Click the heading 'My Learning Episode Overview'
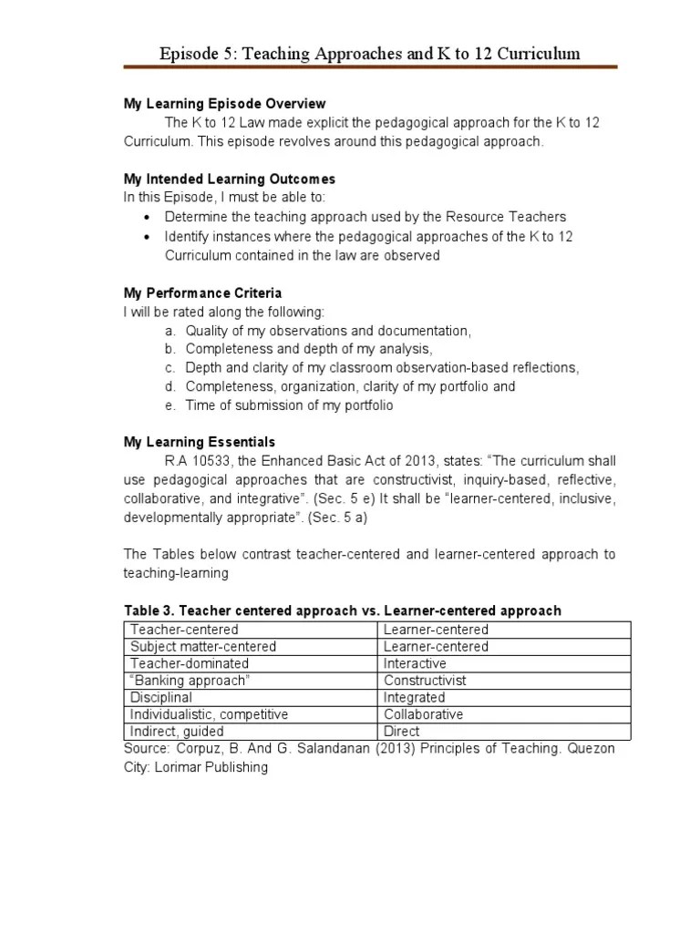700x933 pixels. [x=224, y=104]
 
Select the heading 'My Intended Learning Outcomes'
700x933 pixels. [x=229, y=179]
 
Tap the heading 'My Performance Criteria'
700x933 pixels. [x=202, y=293]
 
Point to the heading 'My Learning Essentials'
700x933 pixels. [x=199, y=442]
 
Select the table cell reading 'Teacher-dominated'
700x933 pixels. [x=182, y=663]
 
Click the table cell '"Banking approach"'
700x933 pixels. [x=190, y=681]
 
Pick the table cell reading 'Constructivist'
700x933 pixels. [x=425, y=681]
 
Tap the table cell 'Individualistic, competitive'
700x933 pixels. [x=209, y=714]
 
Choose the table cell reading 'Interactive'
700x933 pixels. [x=415, y=663]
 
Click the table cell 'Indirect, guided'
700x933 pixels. [x=177, y=731]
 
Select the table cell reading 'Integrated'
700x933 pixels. [x=414, y=697]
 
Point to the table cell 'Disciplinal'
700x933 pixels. [x=161, y=697]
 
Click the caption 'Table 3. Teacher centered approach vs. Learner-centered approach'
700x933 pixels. [x=342, y=610]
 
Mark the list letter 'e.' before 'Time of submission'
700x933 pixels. [x=170, y=405]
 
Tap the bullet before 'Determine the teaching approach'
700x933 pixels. [x=149, y=217]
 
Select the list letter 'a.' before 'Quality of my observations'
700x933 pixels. [x=170, y=331]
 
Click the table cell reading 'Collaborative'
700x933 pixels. [x=423, y=714]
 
